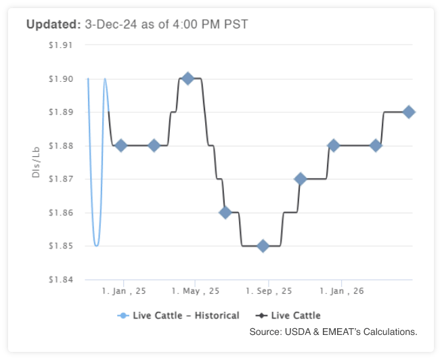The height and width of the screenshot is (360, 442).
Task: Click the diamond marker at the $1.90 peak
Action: (188, 78)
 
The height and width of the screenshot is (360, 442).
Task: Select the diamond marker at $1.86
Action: (225, 212)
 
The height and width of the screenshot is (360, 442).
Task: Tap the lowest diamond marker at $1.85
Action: (263, 246)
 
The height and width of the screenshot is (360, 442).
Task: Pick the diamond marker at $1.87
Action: (301, 179)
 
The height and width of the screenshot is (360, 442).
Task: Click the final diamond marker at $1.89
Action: (409, 112)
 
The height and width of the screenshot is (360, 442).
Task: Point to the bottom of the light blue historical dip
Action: (96, 245)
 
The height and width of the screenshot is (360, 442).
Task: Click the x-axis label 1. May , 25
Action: (196, 291)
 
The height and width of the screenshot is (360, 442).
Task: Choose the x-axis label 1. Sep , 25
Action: (269, 291)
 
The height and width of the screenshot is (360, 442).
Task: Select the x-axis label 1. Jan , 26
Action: (342, 291)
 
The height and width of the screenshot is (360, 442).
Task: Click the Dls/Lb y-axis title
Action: (35, 162)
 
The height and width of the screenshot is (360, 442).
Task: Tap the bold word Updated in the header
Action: (53, 24)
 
